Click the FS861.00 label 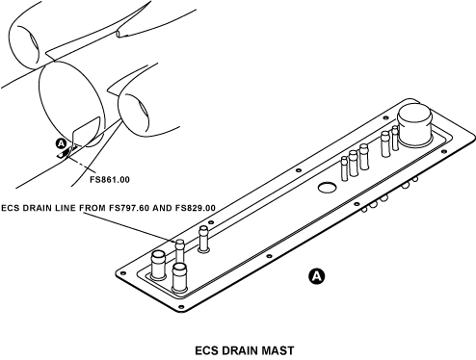pyautogui.click(x=110, y=179)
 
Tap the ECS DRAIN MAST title pyautogui.click(x=245, y=350)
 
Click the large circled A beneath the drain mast pyautogui.click(x=317, y=276)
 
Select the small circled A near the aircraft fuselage pyautogui.click(x=61, y=144)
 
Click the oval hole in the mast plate pyautogui.click(x=327, y=188)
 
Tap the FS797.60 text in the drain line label pyautogui.click(x=129, y=208)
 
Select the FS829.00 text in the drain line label pyautogui.click(x=195, y=208)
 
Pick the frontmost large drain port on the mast pyautogui.click(x=179, y=278)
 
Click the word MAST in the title pyautogui.click(x=278, y=350)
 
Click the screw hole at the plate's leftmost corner pyautogui.click(x=121, y=273)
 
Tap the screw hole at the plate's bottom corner pyautogui.click(x=181, y=307)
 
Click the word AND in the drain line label pyautogui.click(x=162, y=208)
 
